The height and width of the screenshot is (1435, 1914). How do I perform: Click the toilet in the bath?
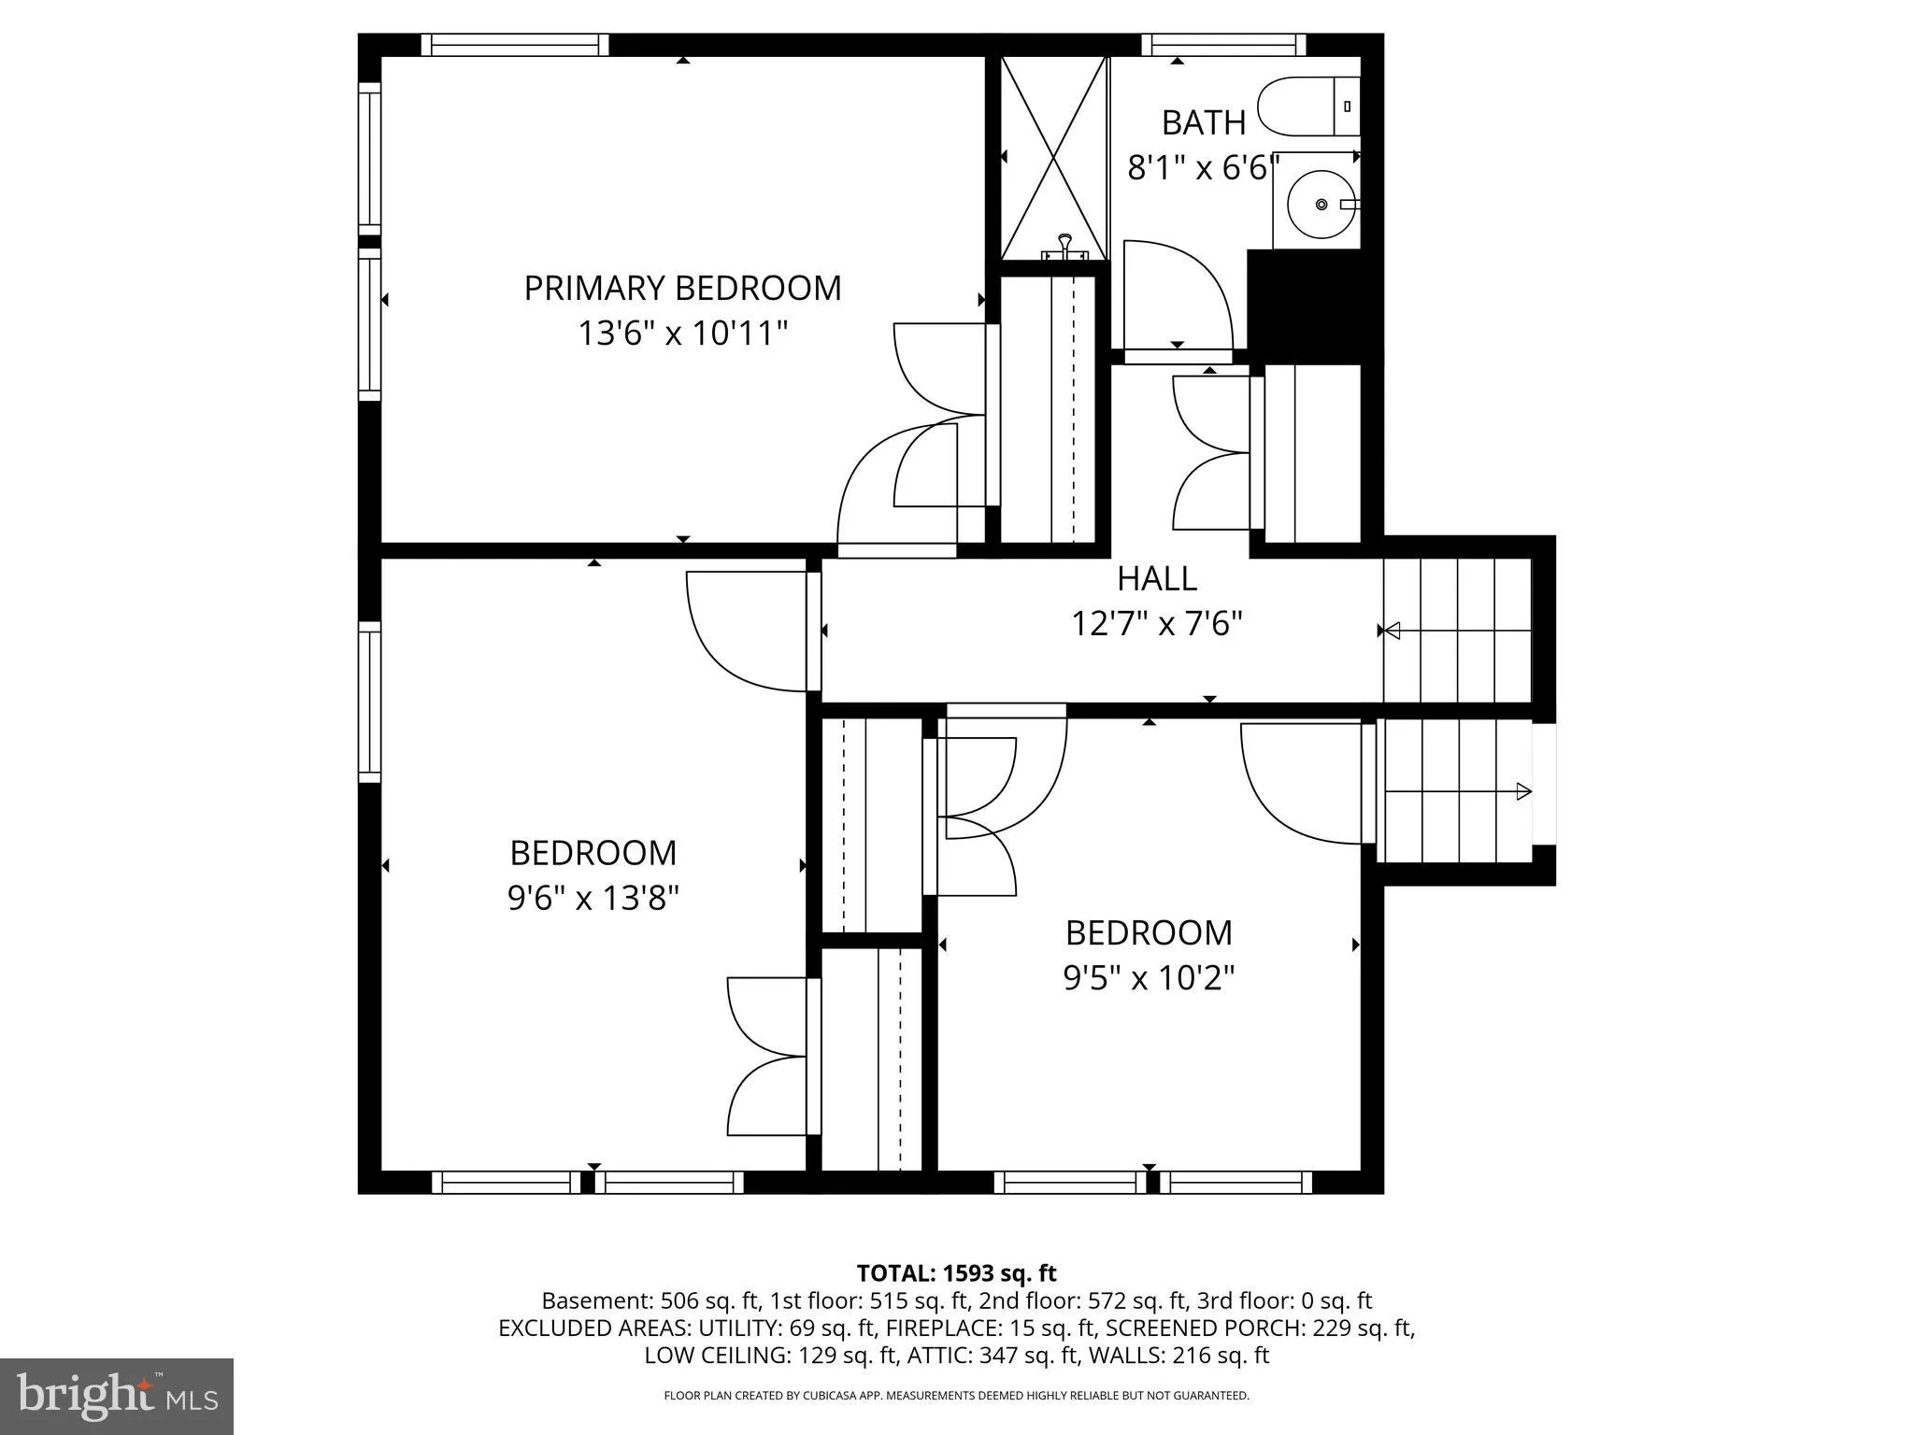pyautogui.click(x=1309, y=107)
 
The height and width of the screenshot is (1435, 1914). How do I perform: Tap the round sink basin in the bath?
pyautogui.click(x=1321, y=203)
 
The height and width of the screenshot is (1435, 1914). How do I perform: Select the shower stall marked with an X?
pyautogui.click(x=1054, y=158)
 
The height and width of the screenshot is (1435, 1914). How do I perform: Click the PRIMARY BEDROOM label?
pyautogui.click(x=682, y=288)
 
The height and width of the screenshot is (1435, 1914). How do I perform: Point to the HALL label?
pyautogui.click(x=1157, y=578)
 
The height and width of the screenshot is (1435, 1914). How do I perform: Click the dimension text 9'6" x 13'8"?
pyautogui.click(x=593, y=898)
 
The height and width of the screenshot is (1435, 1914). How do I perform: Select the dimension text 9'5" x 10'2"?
pyautogui.click(x=1149, y=978)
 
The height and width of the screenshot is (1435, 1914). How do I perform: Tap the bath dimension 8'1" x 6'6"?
pyautogui.click(x=1204, y=168)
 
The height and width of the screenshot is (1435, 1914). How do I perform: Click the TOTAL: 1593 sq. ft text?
pyautogui.click(x=956, y=1272)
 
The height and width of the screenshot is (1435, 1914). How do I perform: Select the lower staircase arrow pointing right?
pyautogui.click(x=1458, y=792)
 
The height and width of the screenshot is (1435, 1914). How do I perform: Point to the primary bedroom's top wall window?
pyautogui.click(x=514, y=45)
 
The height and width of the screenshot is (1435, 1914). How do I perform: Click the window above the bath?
pyautogui.click(x=1223, y=45)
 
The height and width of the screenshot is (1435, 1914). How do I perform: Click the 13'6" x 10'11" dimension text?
pyautogui.click(x=683, y=333)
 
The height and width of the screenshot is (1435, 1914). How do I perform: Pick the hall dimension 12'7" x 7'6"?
pyautogui.click(x=1157, y=623)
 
